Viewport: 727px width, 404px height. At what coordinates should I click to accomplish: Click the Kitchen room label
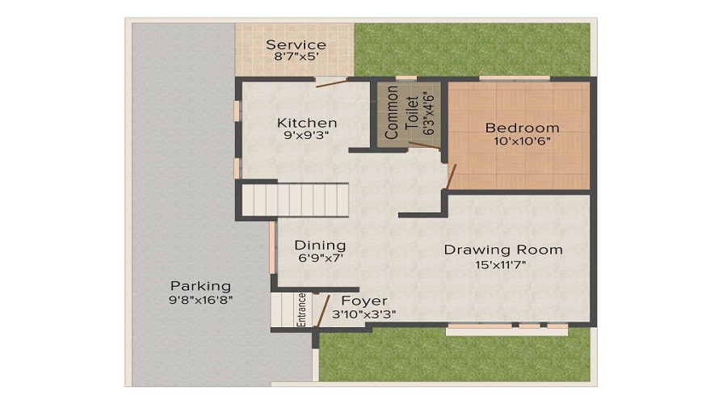tap(307, 123)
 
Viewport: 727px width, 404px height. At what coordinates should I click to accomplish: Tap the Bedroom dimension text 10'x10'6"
tap(522, 141)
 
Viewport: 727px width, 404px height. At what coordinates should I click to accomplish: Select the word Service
tap(296, 45)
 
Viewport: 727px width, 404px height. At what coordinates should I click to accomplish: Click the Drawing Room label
tap(503, 250)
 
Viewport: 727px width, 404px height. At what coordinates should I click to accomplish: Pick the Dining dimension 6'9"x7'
tap(321, 259)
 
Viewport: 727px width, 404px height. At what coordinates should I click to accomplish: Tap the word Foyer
tap(364, 301)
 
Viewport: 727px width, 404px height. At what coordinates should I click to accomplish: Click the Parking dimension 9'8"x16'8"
tap(201, 300)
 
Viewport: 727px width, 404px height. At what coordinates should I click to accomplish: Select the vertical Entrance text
tap(301, 309)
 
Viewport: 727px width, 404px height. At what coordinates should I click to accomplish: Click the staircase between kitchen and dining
tap(295, 200)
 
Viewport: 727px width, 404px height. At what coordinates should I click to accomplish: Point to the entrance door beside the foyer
tap(322, 311)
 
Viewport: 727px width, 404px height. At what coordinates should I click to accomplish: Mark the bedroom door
tap(451, 176)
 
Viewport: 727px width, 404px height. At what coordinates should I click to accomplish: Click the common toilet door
tap(424, 145)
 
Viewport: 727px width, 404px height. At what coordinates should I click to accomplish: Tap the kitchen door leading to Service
tap(332, 83)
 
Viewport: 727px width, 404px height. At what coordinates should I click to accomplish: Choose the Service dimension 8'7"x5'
tap(296, 57)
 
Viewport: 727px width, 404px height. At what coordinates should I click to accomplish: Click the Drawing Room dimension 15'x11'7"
tap(500, 265)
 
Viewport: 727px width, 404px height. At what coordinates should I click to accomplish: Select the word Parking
tap(200, 286)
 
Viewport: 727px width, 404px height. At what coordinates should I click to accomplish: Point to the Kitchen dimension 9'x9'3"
tap(306, 136)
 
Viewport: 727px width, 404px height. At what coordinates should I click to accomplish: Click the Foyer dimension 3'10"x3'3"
tap(364, 314)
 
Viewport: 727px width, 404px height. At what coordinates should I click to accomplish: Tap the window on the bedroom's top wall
tap(515, 78)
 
